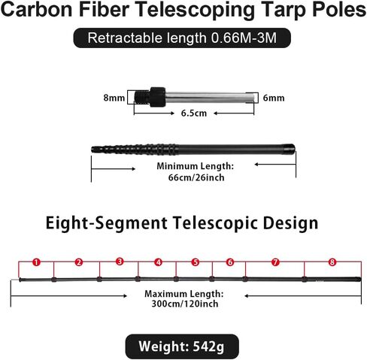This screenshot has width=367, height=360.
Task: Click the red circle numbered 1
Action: click(x=37, y=262)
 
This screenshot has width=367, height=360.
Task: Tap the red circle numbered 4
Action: click(x=158, y=262)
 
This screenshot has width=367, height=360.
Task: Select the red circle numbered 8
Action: click(x=332, y=262)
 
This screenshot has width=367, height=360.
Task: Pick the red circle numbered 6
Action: click(x=230, y=262)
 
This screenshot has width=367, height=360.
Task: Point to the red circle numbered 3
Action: click(x=120, y=262)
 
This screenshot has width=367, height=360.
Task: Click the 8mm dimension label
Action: click(x=114, y=98)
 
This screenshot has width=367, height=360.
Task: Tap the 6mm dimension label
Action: click(x=274, y=98)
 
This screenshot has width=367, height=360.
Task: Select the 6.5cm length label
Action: click(x=194, y=113)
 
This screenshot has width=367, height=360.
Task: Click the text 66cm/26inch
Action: click(x=196, y=177)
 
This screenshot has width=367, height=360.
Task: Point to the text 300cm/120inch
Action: click(x=185, y=304)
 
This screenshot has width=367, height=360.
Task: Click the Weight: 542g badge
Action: click(x=182, y=346)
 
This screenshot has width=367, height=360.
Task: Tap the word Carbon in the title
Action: click(x=36, y=10)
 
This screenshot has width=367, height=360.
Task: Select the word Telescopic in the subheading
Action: click(x=216, y=223)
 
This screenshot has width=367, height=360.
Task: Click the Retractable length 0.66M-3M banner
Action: click(x=182, y=38)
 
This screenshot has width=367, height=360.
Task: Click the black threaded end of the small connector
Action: click(x=142, y=97)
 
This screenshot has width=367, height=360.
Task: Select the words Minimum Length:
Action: click(x=196, y=166)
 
